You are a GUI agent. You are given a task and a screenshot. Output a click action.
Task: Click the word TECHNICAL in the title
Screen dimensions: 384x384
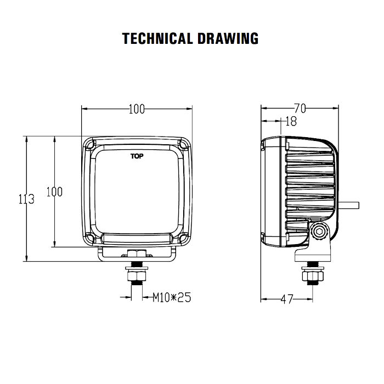tap(157, 38)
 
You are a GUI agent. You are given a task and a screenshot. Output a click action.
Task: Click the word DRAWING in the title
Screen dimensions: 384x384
tap(228, 38)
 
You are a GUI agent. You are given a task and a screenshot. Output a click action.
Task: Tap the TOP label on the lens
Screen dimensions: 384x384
tap(137, 156)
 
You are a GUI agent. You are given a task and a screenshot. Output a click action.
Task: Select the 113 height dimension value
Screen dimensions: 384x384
tap(26, 199)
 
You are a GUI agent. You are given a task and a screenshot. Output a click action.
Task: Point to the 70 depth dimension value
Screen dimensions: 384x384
tap(300, 108)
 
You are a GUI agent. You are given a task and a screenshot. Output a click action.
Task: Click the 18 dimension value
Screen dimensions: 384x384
tap(291, 121)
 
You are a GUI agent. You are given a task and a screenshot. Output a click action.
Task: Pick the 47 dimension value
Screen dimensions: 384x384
tap(287, 299)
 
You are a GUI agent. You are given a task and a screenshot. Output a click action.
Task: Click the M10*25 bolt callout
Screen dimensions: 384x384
tap(172, 297)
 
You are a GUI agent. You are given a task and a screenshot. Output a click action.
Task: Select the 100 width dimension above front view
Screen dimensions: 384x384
tap(137, 109)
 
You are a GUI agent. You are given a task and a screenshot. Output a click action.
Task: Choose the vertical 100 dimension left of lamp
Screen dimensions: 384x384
tap(54, 191)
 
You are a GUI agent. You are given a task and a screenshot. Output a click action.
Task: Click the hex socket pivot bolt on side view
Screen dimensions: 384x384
tap(319, 231)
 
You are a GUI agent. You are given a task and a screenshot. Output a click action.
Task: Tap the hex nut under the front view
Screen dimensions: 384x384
tap(137, 276)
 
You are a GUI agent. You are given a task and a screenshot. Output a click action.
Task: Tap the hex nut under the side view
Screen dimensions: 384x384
tap(313, 276)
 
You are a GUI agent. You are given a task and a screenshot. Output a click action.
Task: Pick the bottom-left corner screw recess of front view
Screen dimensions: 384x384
tap(89, 239)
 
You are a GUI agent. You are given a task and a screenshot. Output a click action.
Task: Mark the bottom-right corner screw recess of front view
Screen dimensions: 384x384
tap(184, 239)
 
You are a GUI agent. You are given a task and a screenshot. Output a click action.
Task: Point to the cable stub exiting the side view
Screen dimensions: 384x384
tap(349, 205)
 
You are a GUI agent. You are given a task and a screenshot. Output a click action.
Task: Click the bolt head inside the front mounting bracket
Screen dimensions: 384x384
tap(137, 253)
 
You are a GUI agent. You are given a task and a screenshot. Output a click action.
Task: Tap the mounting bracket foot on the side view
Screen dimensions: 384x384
tap(313, 255)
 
